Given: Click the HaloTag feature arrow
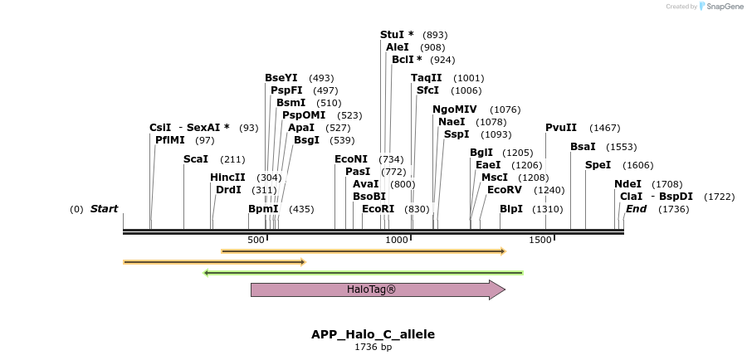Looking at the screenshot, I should [378, 289].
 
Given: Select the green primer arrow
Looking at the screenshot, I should [363, 272].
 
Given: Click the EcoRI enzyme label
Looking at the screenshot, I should [378, 209].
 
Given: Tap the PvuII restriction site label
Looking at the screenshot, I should [561, 128].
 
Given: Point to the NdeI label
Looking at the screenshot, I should [627, 184].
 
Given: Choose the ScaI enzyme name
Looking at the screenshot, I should [196, 159].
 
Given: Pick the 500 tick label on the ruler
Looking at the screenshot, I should [256, 240].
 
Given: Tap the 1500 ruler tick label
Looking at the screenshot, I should [541, 240].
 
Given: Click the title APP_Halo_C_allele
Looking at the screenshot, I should [373, 334].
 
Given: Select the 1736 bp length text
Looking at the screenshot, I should [373, 347].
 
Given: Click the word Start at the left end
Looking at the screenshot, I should [105, 209].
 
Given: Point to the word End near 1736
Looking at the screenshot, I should [636, 209].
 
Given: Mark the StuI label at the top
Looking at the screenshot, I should [397, 35].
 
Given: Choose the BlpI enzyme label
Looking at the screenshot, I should [511, 209].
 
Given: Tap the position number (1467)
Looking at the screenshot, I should [604, 128].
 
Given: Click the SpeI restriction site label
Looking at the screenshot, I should [598, 165].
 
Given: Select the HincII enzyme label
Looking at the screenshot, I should [227, 178].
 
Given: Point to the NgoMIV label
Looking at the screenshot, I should [454, 109].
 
